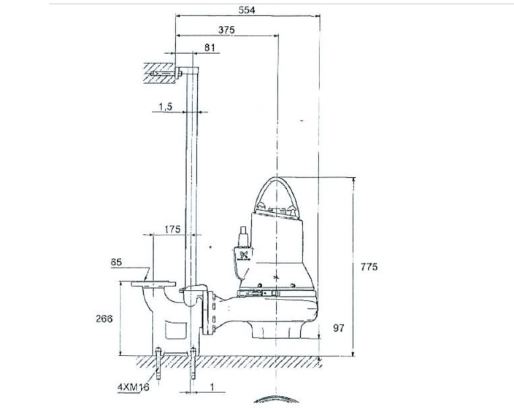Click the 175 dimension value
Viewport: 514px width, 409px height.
point(173,230)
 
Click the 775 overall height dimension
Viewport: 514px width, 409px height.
point(369,268)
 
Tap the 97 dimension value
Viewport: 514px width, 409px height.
point(338,329)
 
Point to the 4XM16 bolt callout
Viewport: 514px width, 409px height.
point(133,388)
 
